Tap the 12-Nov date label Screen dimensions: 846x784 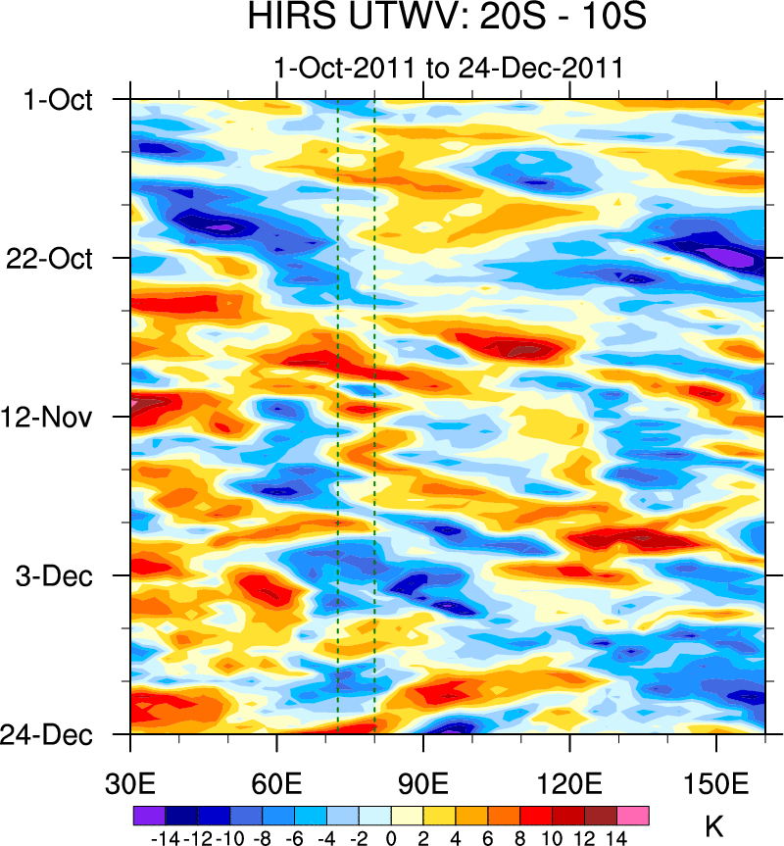click(56, 418)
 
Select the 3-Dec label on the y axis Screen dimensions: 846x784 click(61, 575)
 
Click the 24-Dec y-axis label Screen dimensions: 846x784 click(56, 734)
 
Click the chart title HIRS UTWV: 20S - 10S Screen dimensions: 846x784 click(447, 19)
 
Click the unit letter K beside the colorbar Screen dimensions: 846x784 click(713, 825)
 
